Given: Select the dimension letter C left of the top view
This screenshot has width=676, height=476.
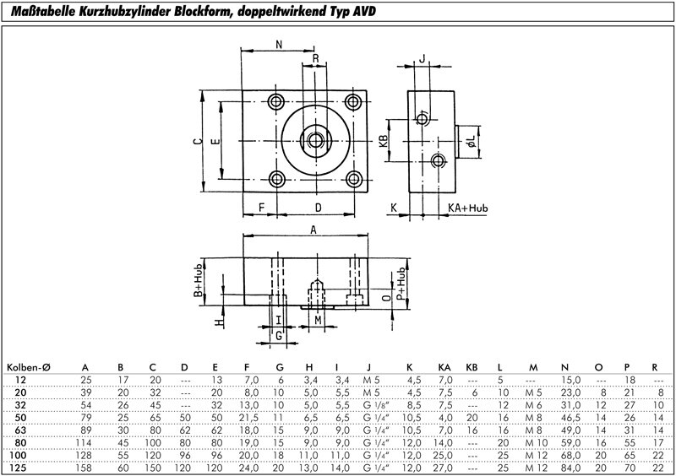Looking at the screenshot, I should pyautogui.click(x=196, y=143).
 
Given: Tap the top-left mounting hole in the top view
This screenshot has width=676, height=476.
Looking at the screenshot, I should pyautogui.click(x=276, y=102).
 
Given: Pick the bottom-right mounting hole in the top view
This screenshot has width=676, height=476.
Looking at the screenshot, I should pyautogui.click(x=355, y=178).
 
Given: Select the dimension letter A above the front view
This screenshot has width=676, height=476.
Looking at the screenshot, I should pyautogui.click(x=313, y=230).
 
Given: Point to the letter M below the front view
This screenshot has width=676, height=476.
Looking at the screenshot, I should pyautogui.click(x=317, y=321).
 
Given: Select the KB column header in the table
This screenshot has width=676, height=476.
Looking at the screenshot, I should pyautogui.click(x=472, y=366).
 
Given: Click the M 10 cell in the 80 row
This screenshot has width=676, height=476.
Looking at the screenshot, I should pyautogui.click(x=533, y=441).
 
